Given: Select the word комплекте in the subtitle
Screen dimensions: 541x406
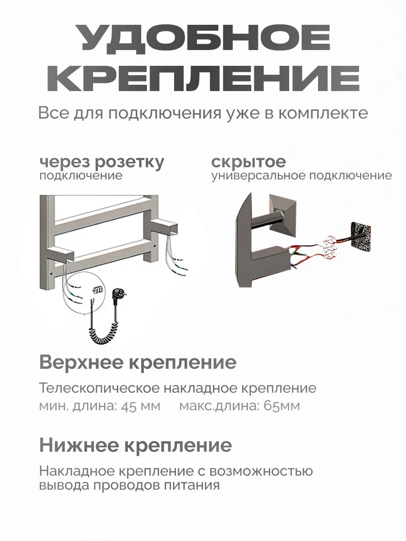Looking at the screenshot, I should pos(323,113).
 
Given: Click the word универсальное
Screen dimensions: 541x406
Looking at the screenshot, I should pos(258,175).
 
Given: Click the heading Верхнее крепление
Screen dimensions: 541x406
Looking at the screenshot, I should pos(138,362).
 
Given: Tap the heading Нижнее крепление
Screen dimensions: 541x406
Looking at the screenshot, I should pos(135,445).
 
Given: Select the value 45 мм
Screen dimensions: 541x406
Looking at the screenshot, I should pos(140,406).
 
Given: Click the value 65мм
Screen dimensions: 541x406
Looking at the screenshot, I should pos(281,406).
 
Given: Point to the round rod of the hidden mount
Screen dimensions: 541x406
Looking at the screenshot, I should pos(268,222).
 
